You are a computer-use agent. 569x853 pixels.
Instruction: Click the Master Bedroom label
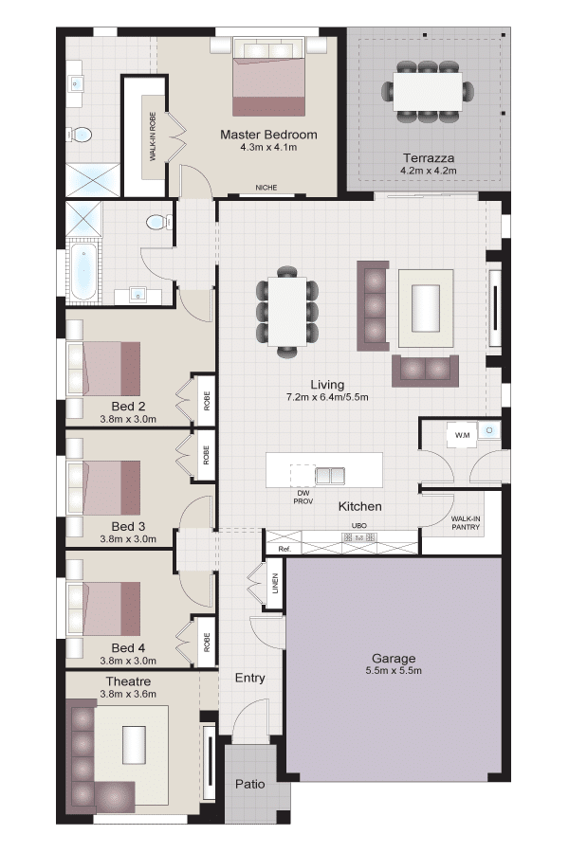tap(268, 135)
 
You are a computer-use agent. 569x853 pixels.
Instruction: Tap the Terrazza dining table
tap(428, 91)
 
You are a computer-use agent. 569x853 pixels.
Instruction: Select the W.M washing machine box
tap(462, 435)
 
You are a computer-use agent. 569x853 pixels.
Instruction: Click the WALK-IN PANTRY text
tap(466, 523)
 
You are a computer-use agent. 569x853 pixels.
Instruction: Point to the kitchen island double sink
tap(330, 476)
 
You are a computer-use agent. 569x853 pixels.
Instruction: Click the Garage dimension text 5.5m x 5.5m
tap(394, 671)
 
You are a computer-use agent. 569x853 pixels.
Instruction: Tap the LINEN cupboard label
tap(275, 583)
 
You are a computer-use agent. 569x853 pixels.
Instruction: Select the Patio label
tap(250, 784)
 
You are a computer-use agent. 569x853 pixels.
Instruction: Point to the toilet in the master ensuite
tap(80, 134)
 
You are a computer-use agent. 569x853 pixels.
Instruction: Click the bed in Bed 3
tap(103, 488)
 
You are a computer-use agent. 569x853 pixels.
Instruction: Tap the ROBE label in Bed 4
tap(207, 642)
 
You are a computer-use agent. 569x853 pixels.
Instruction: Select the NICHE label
tap(266, 187)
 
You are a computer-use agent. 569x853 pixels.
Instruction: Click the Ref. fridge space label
tap(284, 549)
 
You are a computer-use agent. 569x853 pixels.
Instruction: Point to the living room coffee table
tap(426, 308)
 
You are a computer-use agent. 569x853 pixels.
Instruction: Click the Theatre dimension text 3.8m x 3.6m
tap(128, 694)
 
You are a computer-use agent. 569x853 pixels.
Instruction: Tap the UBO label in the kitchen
tap(358, 525)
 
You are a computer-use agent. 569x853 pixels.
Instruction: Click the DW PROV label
tap(303, 498)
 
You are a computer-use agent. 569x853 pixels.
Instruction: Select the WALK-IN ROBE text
tap(153, 136)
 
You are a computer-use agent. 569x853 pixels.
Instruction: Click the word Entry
tap(250, 678)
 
